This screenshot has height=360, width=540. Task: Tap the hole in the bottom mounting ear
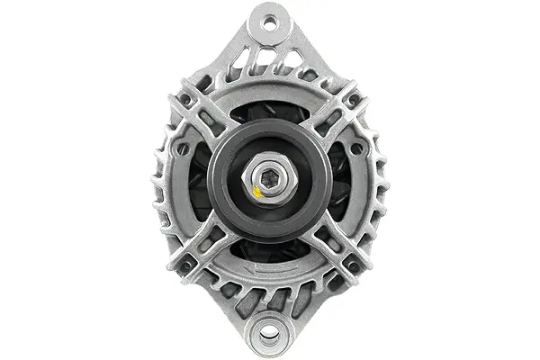(x=269, y=336)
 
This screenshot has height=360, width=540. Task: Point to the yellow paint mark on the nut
(x=259, y=190)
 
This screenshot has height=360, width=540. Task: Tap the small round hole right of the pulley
(x=356, y=148)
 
